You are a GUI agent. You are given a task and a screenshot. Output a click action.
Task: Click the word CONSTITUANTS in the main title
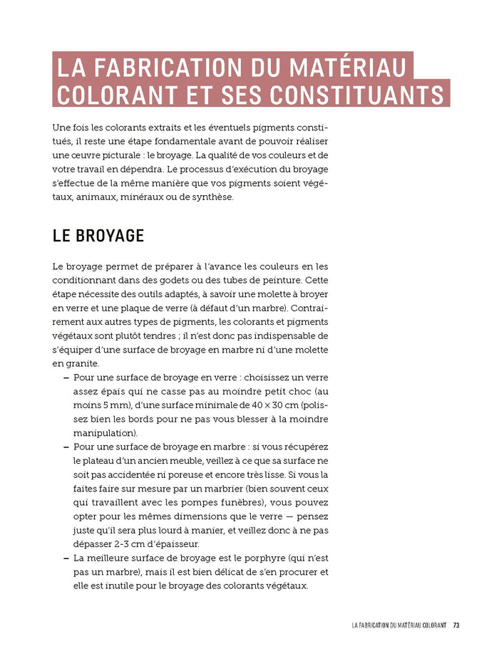pyautogui.click(x=354, y=95)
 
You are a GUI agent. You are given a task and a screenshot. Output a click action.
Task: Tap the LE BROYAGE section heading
pyautogui.click(x=98, y=236)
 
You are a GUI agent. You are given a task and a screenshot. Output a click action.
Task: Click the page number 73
pyautogui.click(x=456, y=625)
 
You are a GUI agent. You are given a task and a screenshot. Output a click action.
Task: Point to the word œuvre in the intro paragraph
pyautogui.click(x=86, y=155)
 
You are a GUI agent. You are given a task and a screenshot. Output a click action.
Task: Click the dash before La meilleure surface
pyautogui.click(x=66, y=558)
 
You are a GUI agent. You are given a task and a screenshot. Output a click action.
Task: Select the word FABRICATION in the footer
pyautogui.click(x=389, y=625)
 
